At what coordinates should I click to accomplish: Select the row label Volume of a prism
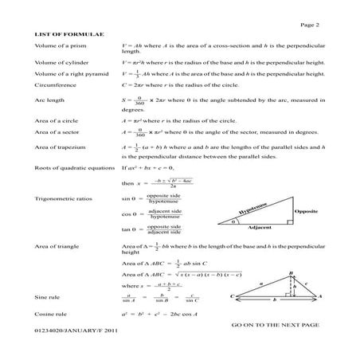(x=60, y=49)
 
